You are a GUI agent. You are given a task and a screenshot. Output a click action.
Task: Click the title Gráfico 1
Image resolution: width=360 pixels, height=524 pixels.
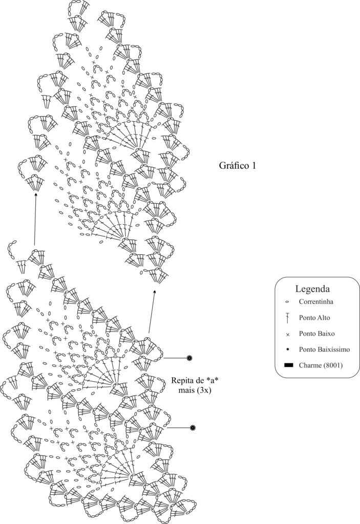237,166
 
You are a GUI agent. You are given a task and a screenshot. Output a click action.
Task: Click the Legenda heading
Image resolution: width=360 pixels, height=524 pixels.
312,289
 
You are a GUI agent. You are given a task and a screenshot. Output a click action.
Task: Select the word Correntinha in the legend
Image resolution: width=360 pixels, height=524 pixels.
316,301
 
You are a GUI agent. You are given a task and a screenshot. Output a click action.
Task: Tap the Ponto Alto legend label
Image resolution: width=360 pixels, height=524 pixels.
314,317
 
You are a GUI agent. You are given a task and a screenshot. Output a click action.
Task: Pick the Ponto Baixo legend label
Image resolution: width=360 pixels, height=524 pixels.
316,334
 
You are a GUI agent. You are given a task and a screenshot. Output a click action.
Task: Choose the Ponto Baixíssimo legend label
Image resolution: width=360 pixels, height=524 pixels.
324,350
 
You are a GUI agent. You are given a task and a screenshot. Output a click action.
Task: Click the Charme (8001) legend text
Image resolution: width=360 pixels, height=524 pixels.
321,365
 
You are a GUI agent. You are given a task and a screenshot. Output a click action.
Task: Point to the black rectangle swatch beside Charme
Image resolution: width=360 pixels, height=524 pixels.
288,365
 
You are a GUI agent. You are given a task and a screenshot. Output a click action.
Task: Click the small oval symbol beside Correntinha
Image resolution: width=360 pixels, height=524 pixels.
287,302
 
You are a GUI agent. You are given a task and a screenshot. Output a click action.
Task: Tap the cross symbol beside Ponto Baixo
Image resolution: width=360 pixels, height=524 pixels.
288,334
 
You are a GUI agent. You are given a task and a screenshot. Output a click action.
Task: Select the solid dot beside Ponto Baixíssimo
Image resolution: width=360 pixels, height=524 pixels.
288,350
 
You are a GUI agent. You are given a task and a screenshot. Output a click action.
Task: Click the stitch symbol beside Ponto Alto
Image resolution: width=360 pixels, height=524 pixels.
287,318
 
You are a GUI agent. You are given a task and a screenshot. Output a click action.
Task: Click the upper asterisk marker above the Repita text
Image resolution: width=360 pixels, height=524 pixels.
189,358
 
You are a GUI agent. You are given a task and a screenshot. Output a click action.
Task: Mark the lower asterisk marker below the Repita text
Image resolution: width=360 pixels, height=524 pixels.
193,427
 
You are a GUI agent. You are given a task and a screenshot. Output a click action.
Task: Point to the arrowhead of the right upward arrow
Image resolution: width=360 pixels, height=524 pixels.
155,292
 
